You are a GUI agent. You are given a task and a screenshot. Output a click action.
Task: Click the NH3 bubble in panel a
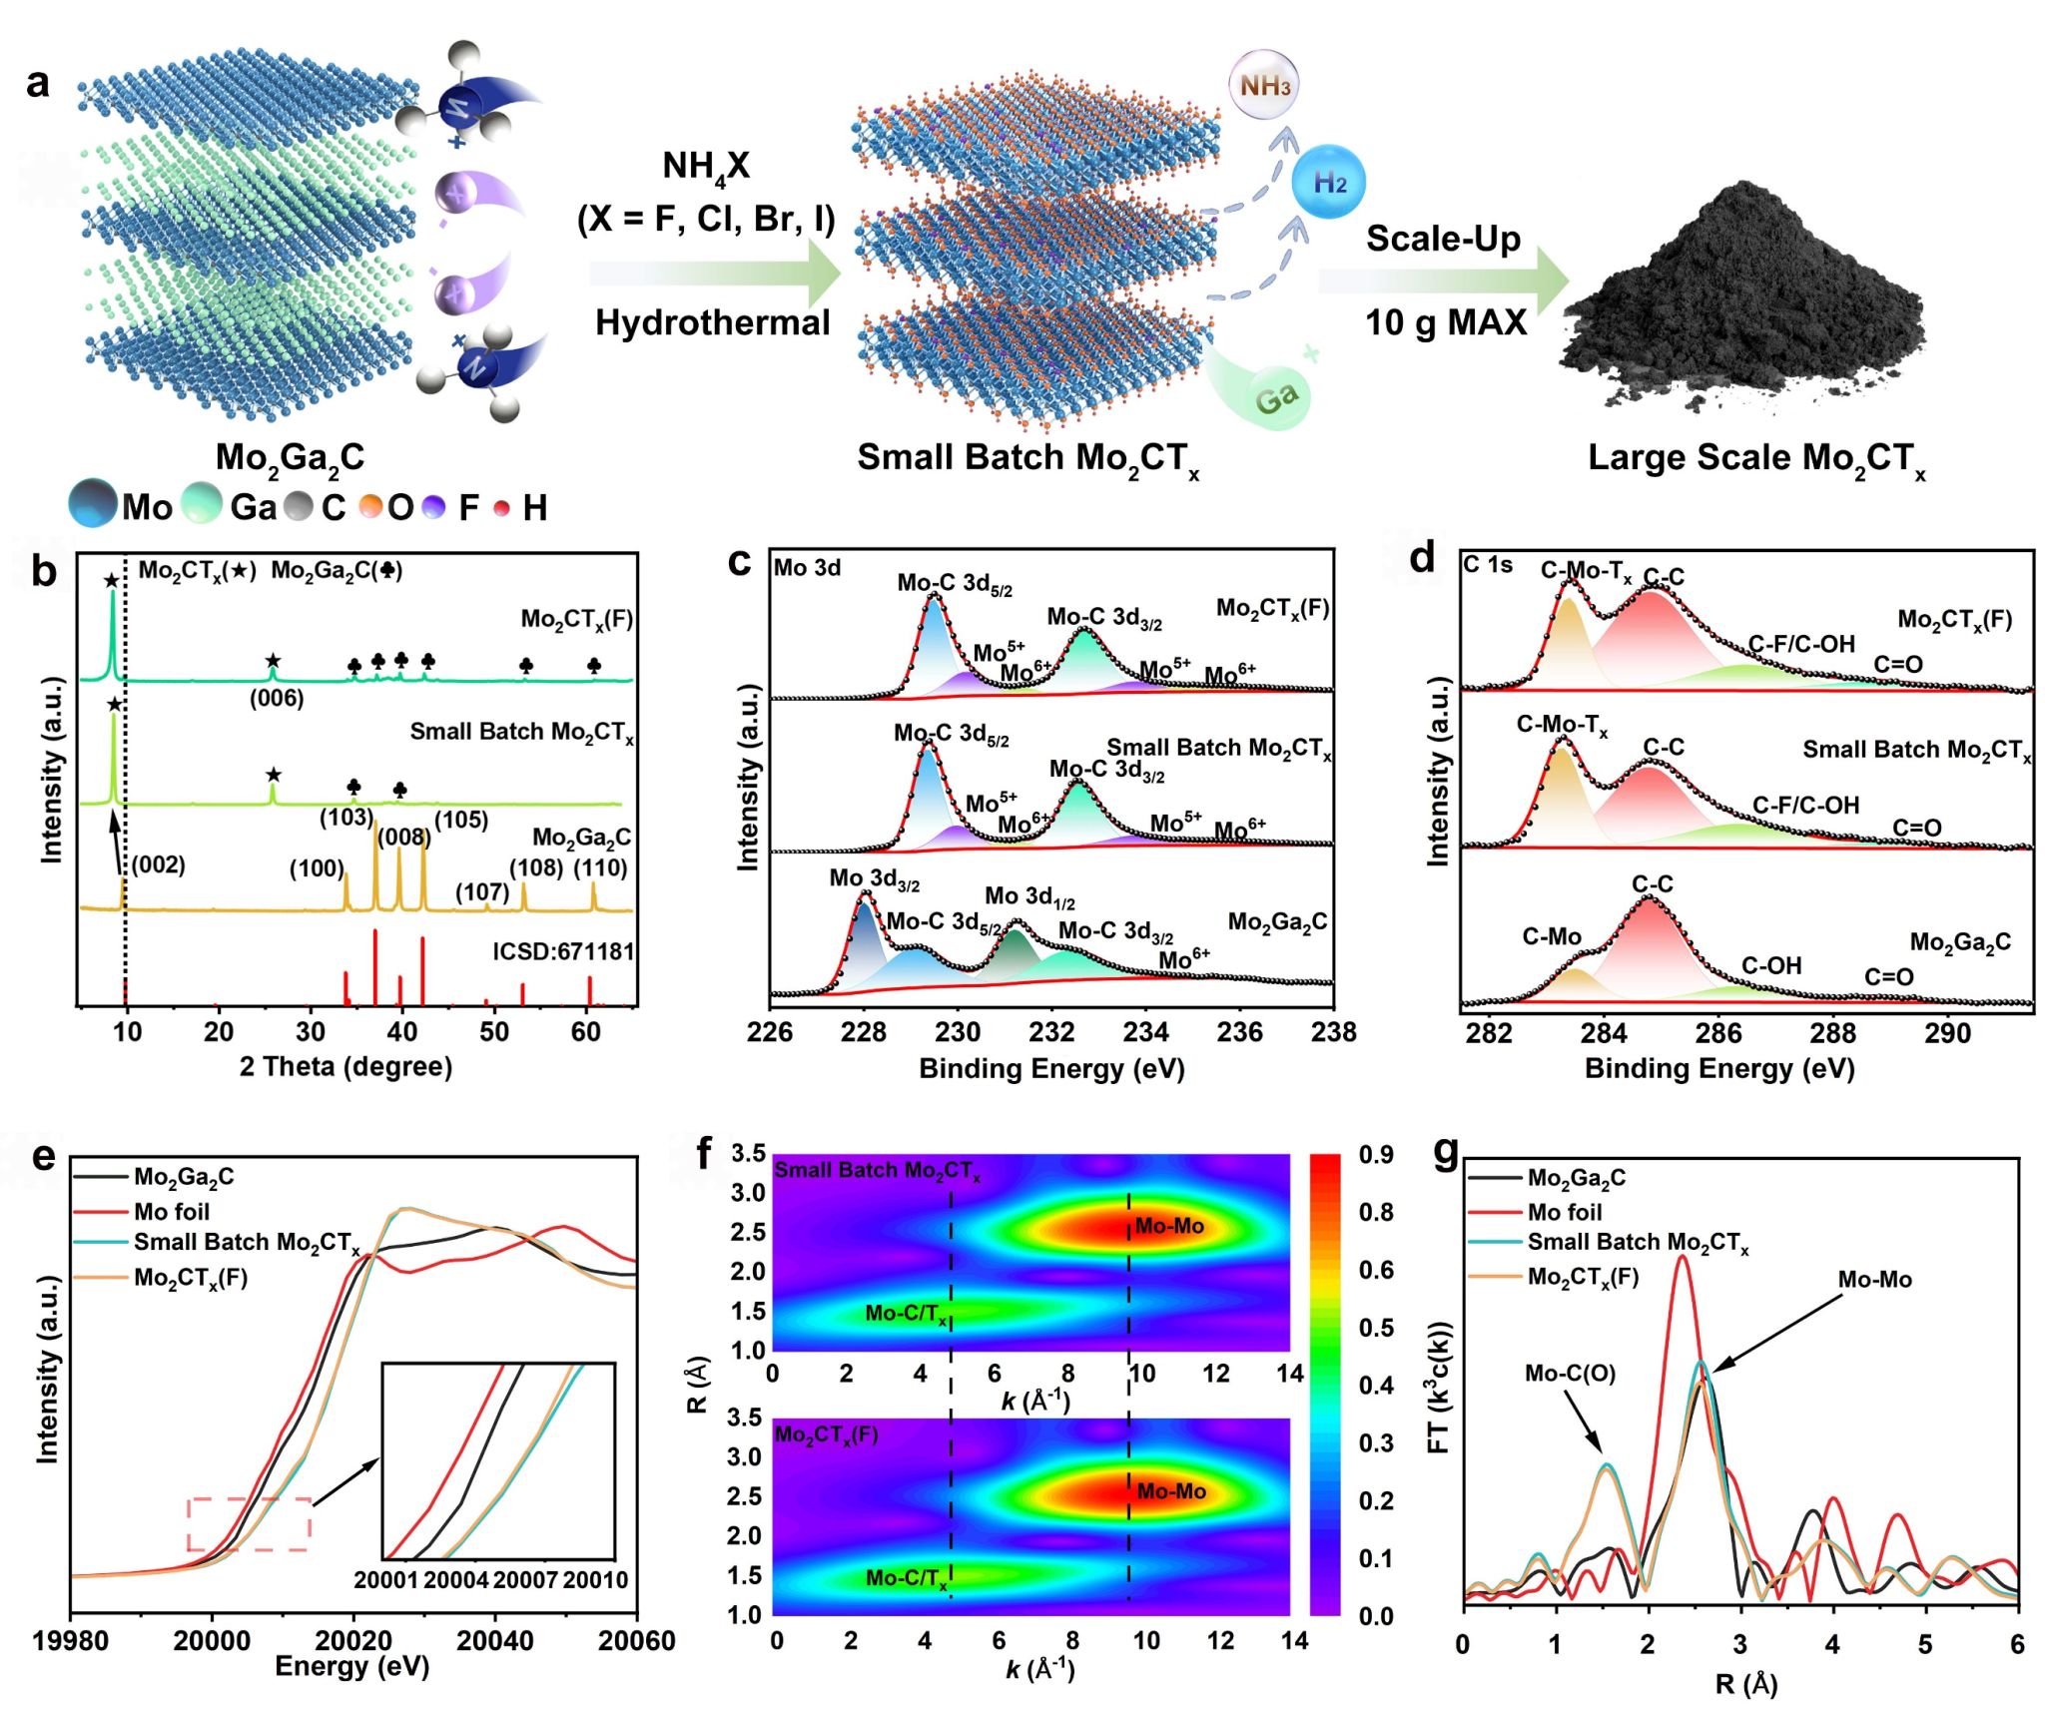[x=1263, y=86]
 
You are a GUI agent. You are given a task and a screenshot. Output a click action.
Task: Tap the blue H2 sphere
[x=1328, y=183]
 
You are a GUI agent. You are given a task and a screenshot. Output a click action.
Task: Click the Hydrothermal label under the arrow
[x=713, y=322]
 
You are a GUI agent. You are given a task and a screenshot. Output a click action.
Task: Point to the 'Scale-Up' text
[x=1443, y=239]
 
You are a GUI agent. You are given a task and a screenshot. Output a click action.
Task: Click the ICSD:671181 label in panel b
[x=563, y=951]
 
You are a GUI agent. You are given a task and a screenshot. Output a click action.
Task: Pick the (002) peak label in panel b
[x=159, y=864]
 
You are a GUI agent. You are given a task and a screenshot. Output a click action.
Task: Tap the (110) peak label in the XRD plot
[x=600, y=867]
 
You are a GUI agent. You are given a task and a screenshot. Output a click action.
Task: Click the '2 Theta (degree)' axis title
[x=345, y=1067]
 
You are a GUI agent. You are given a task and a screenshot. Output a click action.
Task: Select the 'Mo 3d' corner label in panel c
[x=807, y=568]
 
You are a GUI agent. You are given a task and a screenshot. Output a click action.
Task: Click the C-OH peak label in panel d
[x=1771, y=965]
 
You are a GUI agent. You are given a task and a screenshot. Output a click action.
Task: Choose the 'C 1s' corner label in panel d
[x=1488, y=565]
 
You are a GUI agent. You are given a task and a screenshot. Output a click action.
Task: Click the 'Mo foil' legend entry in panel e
[x=172, y=1212]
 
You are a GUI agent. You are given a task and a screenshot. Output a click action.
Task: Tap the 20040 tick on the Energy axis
[x=494, y=1641]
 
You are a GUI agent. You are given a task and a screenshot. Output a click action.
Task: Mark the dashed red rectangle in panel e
[x=250, y=1523]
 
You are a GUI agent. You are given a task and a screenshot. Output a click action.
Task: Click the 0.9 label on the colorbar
[x=1376, y=1155]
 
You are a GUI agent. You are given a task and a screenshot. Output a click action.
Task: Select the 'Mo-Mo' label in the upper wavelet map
[x=1169, y=1226]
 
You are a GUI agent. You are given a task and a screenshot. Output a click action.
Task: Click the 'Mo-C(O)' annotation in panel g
[x=1570, y=1374]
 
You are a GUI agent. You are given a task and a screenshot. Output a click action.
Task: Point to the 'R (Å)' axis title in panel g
[x=1745, y=1684]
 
